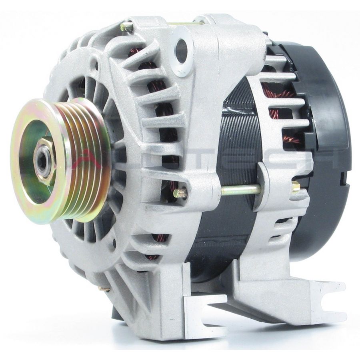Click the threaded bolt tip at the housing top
(x=127, y=27)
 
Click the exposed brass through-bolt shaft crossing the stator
(x=240, y=190)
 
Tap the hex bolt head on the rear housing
(x=295, y=186)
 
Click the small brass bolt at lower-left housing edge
(x=105, y=288)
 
